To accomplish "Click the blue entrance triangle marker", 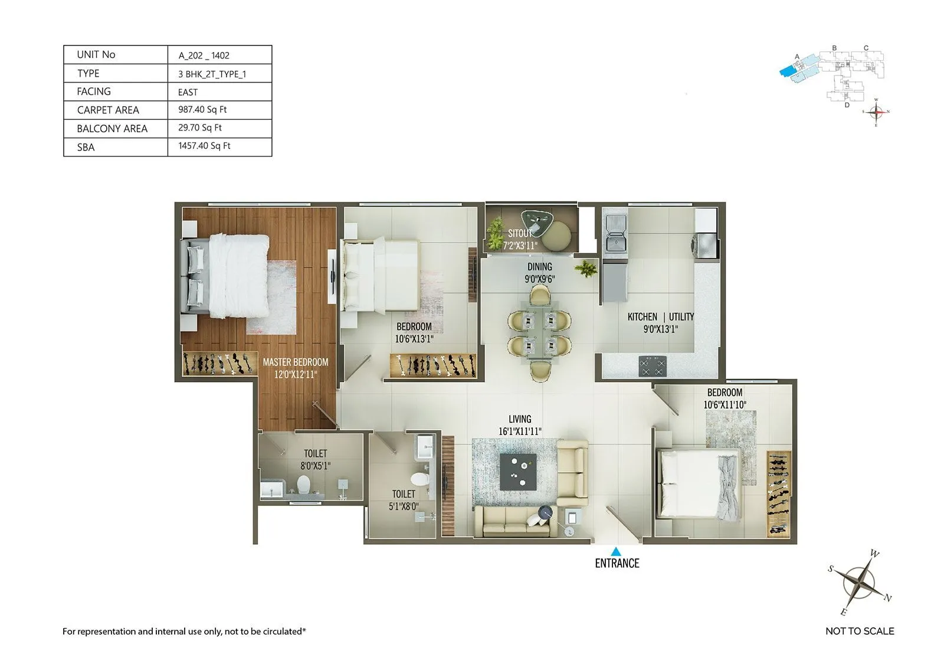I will pos(615,551).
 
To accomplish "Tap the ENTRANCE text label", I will pos(617,563).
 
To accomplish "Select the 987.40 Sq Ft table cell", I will pos(202,110).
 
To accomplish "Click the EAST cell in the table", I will pos(188,92).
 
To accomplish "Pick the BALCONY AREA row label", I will pos(112,129).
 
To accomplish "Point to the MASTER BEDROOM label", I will pos(295,362).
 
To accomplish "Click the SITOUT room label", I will pos(520,234).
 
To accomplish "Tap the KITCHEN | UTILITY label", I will pos(660,317).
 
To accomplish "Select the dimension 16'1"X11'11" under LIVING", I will pos(520,432).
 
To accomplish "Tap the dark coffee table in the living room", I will pos(518,471).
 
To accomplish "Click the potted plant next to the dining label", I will pos(586,270).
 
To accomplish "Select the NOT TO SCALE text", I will pos(859,631).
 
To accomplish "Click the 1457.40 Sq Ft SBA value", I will pos(204,146).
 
